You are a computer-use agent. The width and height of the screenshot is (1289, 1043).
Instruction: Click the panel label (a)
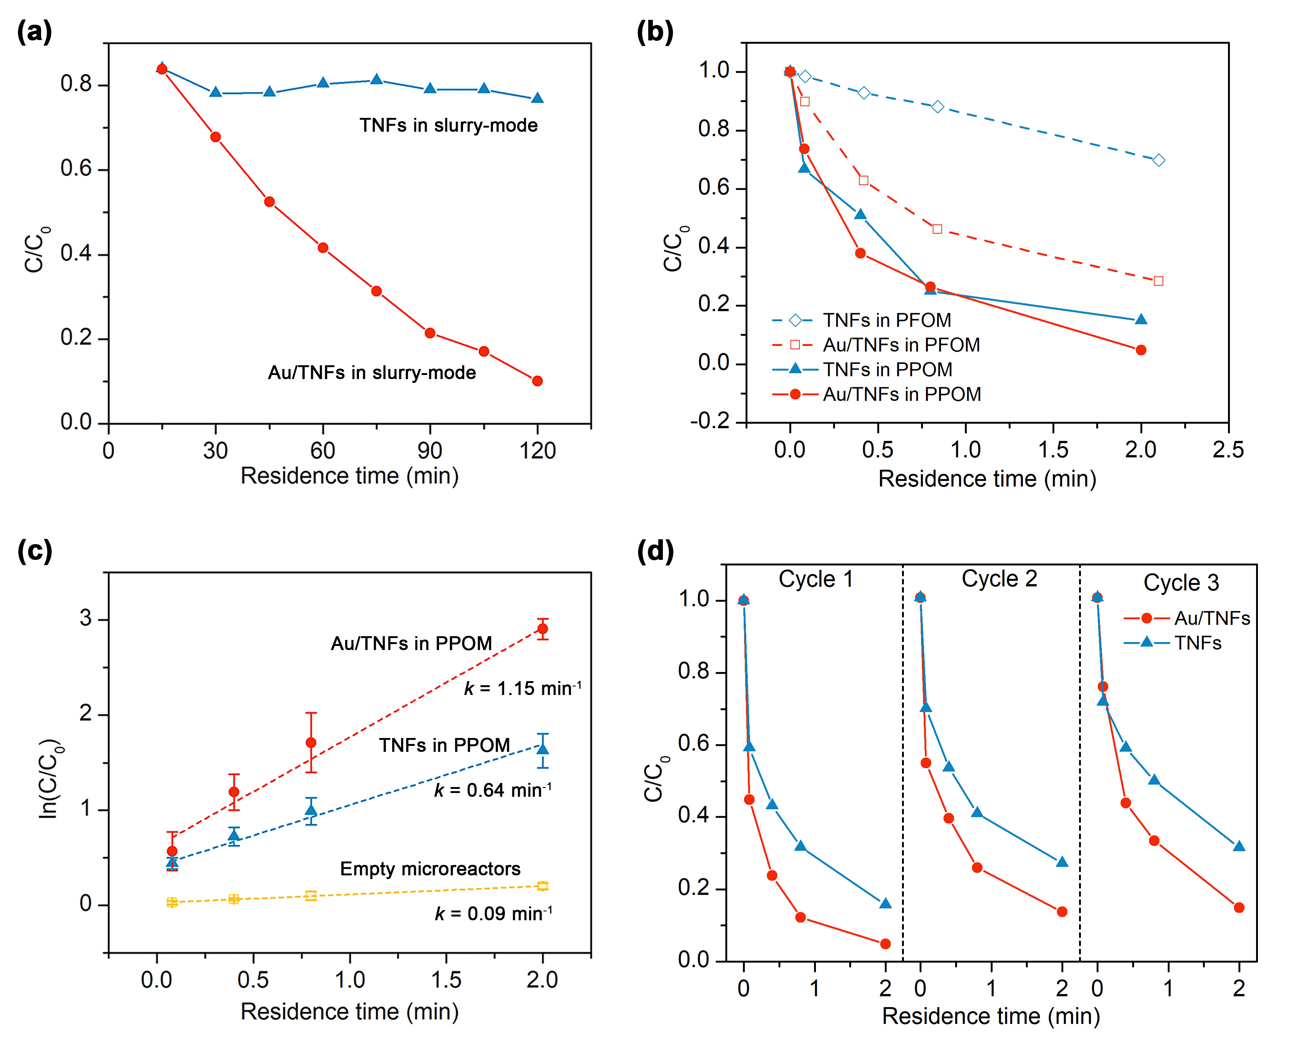pos(34,31)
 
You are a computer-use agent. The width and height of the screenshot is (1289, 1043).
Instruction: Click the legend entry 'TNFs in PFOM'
pos(886,320)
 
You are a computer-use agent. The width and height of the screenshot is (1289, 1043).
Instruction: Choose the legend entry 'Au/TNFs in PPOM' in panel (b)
pos(901,394)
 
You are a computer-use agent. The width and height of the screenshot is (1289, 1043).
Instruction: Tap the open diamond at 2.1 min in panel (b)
pos(1159,161)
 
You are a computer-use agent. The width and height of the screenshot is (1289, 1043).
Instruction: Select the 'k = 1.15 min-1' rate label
pos(522,687)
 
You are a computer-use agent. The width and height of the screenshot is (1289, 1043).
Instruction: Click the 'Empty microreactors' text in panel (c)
pos(430,869)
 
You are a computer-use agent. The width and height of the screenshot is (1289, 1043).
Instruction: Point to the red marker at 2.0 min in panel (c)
pos(543,629)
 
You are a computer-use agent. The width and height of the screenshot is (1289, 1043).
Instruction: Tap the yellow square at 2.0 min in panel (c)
pos(543,885)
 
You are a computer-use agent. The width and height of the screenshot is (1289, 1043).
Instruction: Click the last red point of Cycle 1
pos(885,944)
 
